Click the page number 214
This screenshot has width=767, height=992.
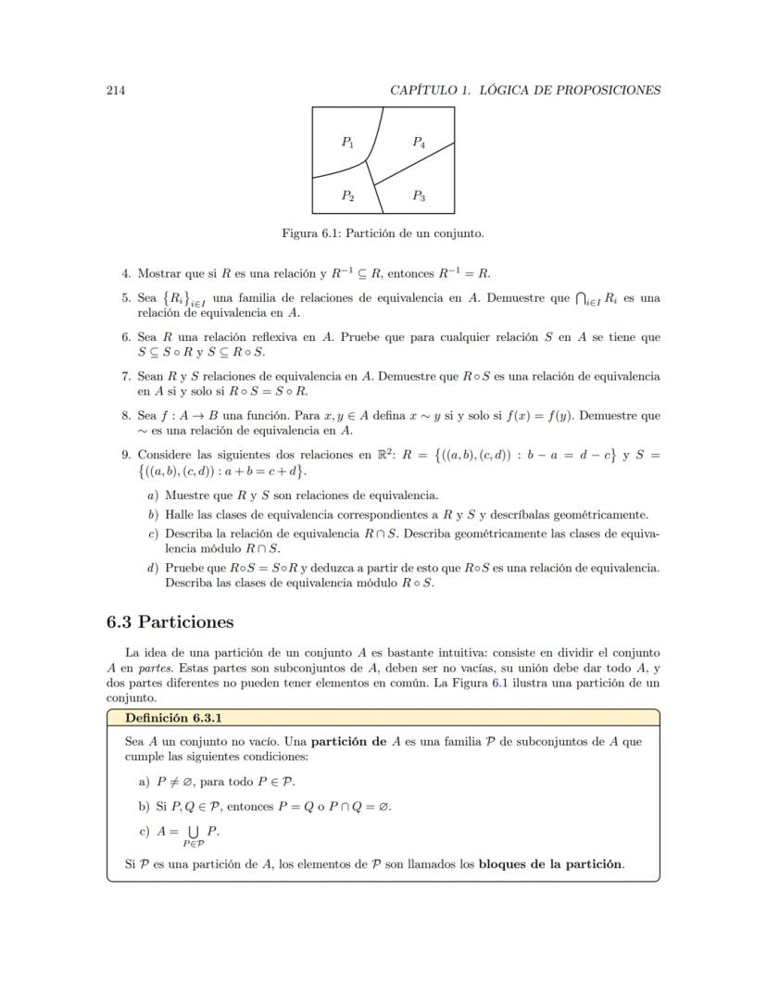[116, 90]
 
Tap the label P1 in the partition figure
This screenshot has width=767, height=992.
[347, 143]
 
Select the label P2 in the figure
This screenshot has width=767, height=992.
[347, 195]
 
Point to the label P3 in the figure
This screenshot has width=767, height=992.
[419, 195]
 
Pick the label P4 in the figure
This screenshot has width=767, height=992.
[419, 143]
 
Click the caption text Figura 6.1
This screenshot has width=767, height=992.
[312, 233]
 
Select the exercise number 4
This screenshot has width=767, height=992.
[126, 273]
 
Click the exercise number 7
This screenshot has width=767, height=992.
[126, 377]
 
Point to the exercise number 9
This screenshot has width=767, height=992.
[126, 455]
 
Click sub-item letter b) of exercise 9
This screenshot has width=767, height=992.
[153, 515]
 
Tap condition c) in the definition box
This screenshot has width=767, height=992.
[144, 832]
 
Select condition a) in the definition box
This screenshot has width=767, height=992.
[144, 781]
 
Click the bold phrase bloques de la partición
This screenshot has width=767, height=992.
[551, 865]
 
